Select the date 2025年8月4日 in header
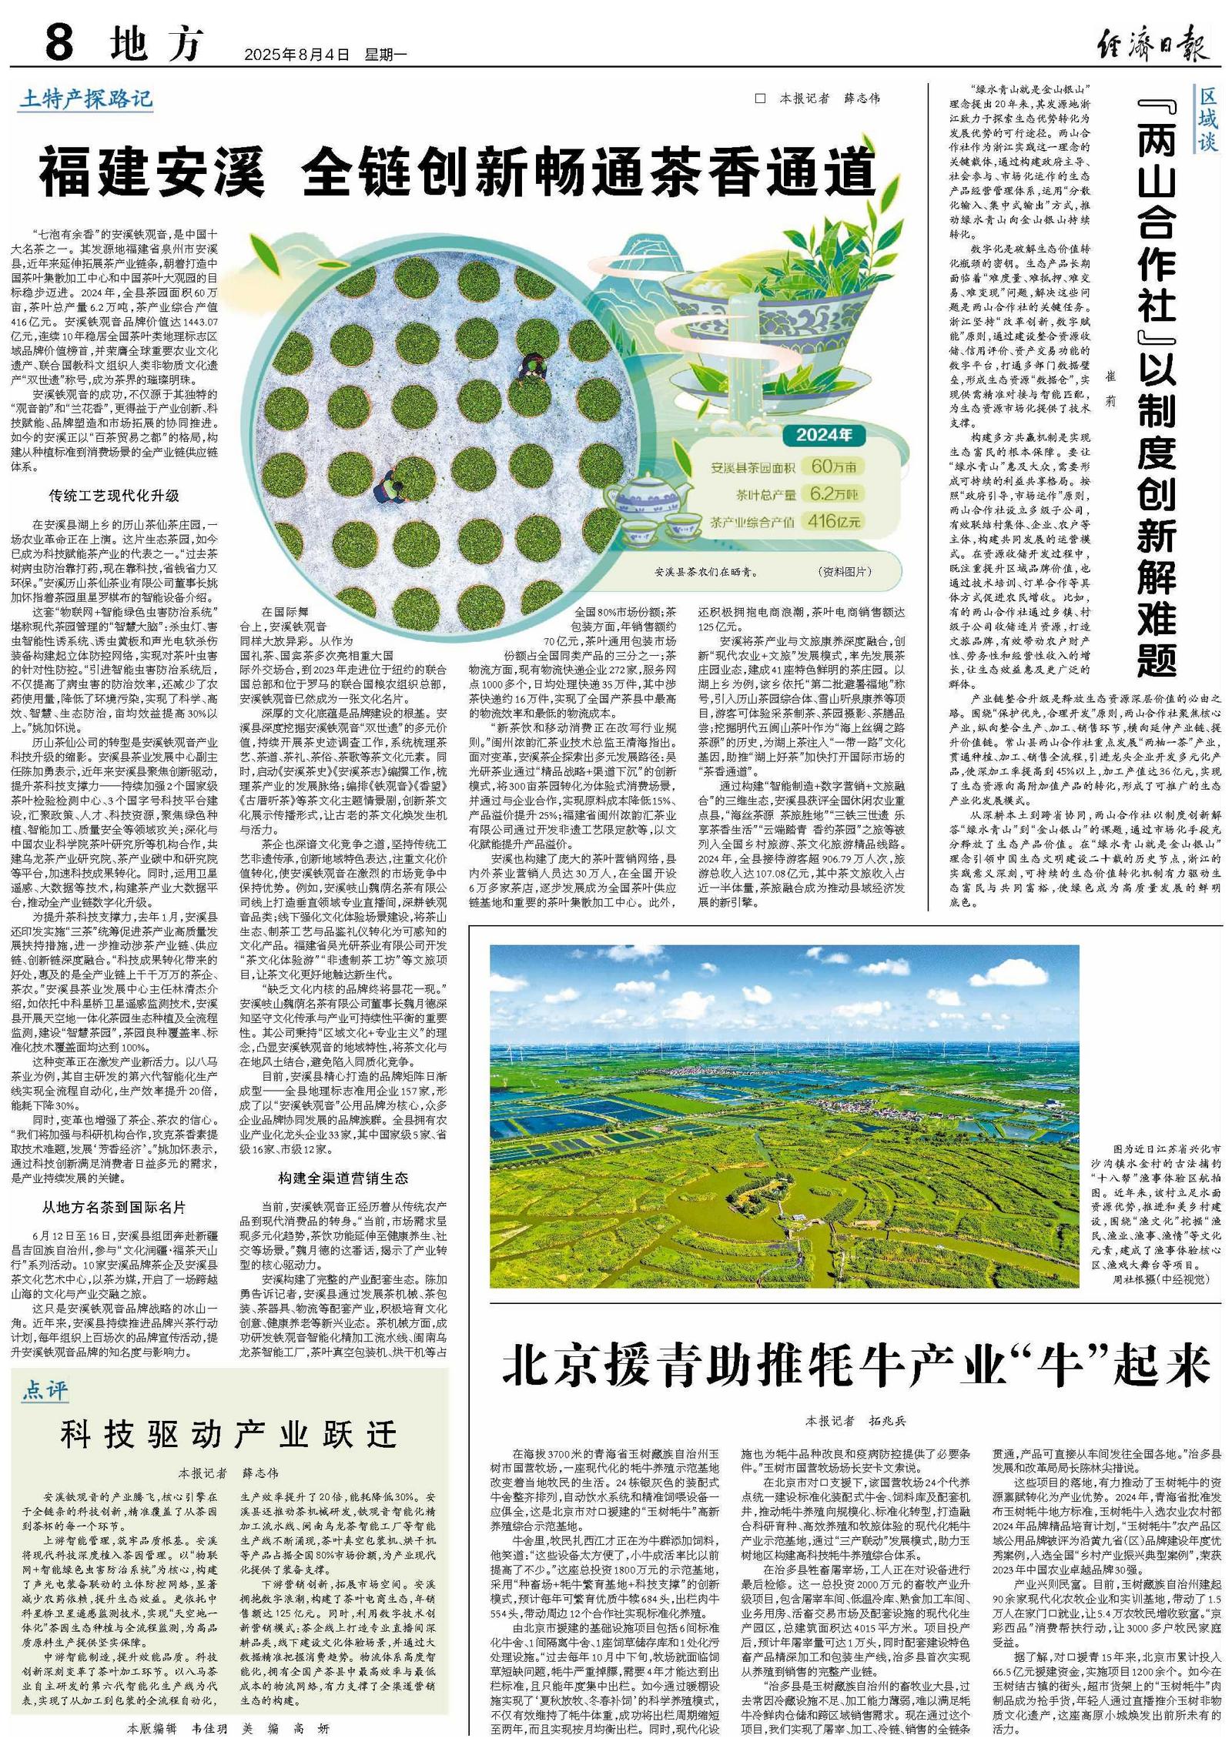[296, 55]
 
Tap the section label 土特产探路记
[86, 99]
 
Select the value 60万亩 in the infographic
[832, 466]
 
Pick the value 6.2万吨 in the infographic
[832, 494]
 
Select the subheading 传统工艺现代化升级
[114, 496]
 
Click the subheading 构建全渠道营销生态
[343, 1178]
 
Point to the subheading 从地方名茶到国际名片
[114, 1208]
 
